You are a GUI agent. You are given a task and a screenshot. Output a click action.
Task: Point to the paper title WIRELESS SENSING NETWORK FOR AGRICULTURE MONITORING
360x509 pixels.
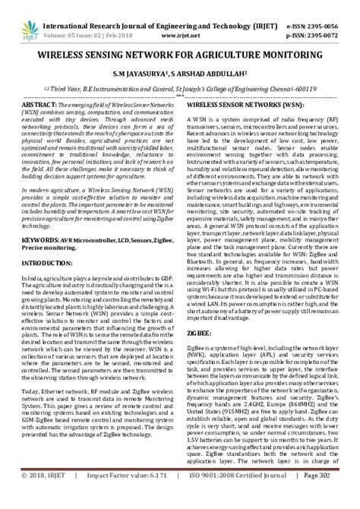(179, 55)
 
